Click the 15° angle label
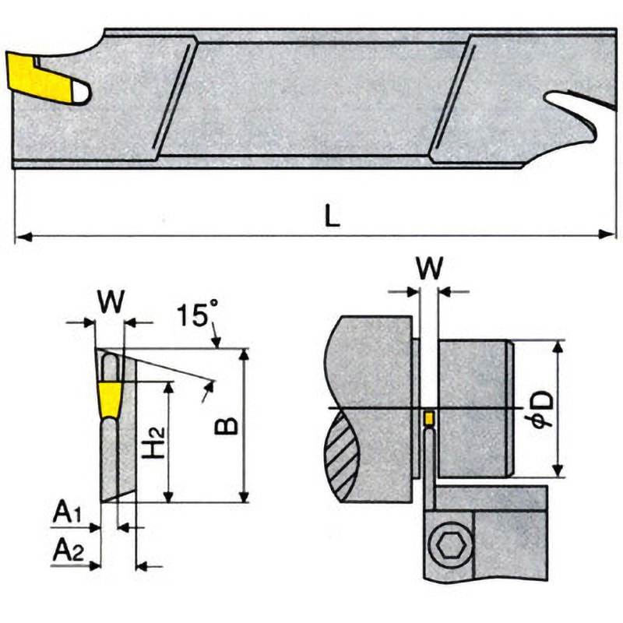coord(194,315)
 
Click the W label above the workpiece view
coord(430,269)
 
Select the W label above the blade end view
coord(111,302)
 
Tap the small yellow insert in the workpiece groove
coord(428,418)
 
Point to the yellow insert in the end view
coord(110,399)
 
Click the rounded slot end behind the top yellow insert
coord(79,93)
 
